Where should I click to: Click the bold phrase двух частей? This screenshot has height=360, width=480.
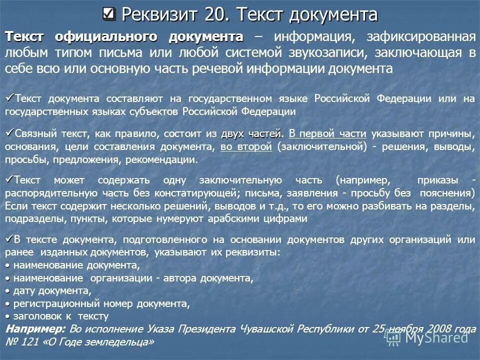tap(251, 133)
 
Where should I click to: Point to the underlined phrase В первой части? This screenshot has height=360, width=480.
tap(327, 133)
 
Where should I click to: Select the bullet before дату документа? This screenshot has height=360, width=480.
tap(8, 290)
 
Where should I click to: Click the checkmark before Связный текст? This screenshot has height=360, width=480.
tap(9, 132)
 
